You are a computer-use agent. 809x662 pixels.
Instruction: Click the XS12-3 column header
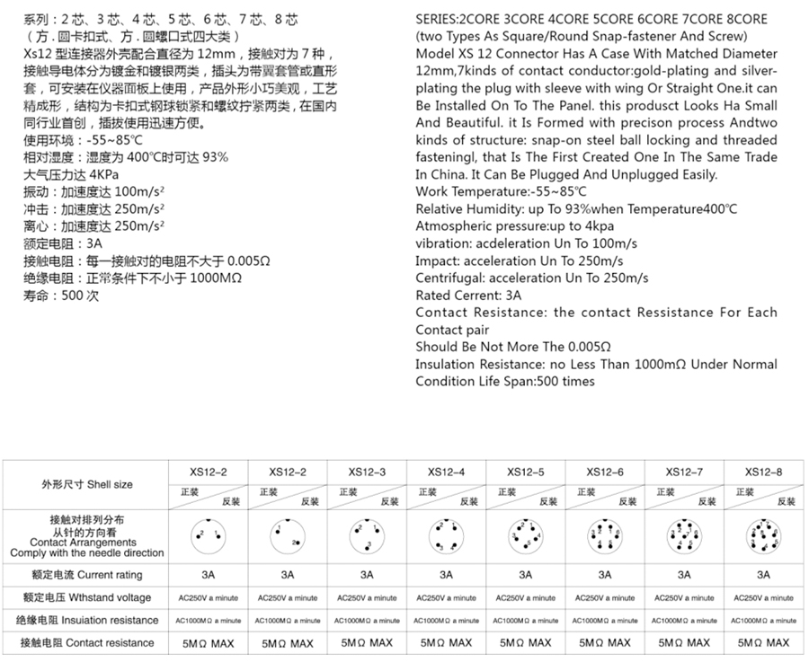[x=367, y=472]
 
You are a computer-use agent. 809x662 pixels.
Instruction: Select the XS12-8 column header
[x=764, y=472]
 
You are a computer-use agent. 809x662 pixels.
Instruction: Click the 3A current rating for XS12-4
[x=447, y=575]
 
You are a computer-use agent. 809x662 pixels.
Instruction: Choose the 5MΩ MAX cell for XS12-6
[x=605, y=642]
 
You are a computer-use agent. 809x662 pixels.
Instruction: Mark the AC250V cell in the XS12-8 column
[x=764, y=597]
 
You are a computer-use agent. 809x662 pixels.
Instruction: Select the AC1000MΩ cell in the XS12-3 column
[x=367, y=620]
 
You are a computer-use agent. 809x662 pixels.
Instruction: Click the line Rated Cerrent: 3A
[x=468, y=295]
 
